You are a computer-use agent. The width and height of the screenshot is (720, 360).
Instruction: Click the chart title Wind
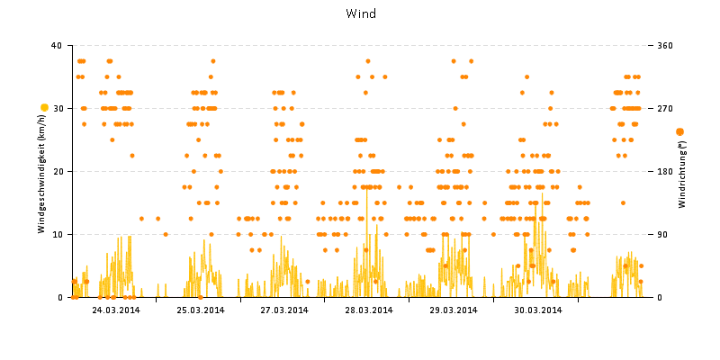pos(361,13)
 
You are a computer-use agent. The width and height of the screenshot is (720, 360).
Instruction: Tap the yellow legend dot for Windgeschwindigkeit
pos(44,108)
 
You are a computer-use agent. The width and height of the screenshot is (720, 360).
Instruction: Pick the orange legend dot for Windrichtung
pos(679,131)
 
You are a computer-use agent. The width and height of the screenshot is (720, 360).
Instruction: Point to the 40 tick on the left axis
pos(56,45)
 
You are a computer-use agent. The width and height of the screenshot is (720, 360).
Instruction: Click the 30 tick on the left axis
pos(56,108)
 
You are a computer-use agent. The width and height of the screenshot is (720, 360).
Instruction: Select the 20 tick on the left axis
pos(56,171)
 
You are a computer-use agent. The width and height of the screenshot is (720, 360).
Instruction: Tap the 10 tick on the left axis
pos(56,234)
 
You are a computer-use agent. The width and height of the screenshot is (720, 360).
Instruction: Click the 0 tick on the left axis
pos(58,297)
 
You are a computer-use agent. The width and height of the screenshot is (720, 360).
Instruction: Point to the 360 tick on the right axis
pos(667,45)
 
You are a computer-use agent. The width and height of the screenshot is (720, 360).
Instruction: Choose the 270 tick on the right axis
pos(667,108)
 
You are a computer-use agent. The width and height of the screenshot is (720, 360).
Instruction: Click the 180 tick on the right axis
pos(667,171)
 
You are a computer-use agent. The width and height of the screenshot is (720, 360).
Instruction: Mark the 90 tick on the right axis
pos(664,234)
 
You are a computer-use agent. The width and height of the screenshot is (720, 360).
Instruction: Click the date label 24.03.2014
pos(114,310)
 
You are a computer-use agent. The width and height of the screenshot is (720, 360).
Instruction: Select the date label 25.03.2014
pos(199,310)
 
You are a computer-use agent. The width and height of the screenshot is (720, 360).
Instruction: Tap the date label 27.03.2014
pos(283,310)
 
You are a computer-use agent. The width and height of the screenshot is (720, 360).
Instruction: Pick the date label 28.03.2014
pos(368,310)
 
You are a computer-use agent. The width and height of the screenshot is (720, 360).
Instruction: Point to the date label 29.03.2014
pos(453,310)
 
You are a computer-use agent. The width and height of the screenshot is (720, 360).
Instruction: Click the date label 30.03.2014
pos(537,310)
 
